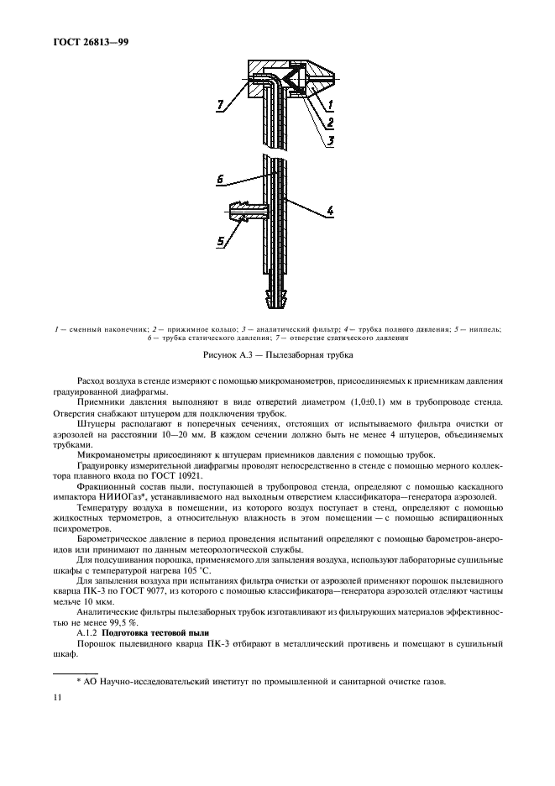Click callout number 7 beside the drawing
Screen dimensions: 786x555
click(x=221, y=105)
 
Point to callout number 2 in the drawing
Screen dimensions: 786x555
click(x=332, y=123)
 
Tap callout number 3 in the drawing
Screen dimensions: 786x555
click(x=332, y=140)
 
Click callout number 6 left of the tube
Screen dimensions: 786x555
click(x=219, y=179)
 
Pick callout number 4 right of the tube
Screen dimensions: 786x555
click(x=331, y=212)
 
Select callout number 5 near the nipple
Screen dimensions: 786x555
click(x=221, y=242)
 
